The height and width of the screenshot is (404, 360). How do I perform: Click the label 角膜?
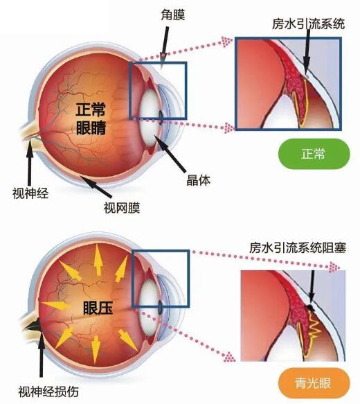pos(173,15)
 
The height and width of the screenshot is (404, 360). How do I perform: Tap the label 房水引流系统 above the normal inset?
pos(308,24)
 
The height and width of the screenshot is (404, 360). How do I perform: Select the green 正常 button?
pos(314,154)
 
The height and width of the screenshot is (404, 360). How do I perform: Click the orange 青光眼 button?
pos(314,383)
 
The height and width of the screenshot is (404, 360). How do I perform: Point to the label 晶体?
pos(198,180)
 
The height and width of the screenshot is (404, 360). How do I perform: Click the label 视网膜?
pos(122,208)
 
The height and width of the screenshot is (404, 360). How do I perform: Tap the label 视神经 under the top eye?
pos(30,193)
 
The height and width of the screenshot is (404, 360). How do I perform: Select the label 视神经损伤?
pos(48,392)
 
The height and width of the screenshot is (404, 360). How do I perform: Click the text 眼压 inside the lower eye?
pos(98,308)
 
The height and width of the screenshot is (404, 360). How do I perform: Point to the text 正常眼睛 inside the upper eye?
pos(91,118)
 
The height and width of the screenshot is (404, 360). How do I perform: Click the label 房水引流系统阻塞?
pos(298,248)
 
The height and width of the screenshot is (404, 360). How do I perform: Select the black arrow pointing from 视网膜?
pos(96,186)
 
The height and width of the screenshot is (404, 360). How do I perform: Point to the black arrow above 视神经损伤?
pos(42,355)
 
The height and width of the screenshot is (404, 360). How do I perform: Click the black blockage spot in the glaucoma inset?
pos(311,307)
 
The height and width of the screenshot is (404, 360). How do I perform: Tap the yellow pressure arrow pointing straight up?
pos(98,260)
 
